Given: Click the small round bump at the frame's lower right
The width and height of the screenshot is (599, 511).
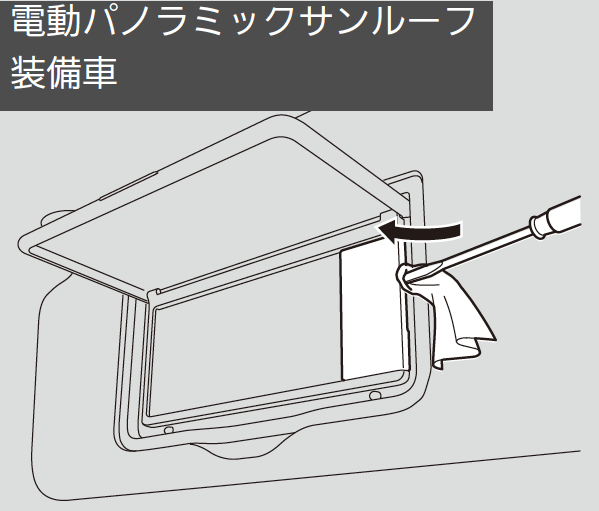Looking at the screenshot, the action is (x=375, y=396).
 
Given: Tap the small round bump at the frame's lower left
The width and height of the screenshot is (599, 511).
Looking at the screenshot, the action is (x=168, y=430).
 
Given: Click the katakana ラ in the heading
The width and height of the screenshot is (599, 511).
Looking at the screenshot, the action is (x=173, y=22).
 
